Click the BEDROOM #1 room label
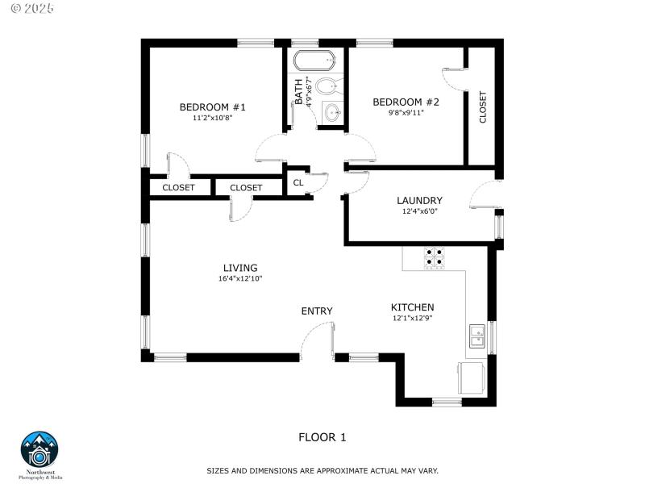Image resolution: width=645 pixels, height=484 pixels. tap(212, 107)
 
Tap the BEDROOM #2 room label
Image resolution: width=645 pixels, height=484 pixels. tap(406, 102)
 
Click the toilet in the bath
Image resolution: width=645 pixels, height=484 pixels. tap(327, 86)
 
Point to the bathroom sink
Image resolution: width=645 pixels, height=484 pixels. tap(331, 113)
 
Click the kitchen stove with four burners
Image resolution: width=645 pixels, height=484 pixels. tap(435, 257)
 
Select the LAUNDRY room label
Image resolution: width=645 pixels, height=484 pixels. tap(419, 201)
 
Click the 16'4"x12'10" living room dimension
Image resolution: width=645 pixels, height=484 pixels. tap(240, 278)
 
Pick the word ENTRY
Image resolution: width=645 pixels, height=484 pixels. tap(317, 311)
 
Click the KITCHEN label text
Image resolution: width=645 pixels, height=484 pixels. tap(412, 307)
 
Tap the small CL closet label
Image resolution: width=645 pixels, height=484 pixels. tap(298, 183)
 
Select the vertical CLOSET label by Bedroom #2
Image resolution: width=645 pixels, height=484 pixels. tap(483, 106)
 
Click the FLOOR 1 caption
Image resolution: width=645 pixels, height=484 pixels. tap(322, 437)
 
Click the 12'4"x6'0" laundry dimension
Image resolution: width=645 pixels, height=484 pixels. tap(419, 212)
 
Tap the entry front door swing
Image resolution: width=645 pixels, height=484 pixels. tap(318, 342)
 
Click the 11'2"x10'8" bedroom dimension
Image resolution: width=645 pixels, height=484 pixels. tap(212, 119)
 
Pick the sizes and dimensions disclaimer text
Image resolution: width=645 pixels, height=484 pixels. tap(322, 470)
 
